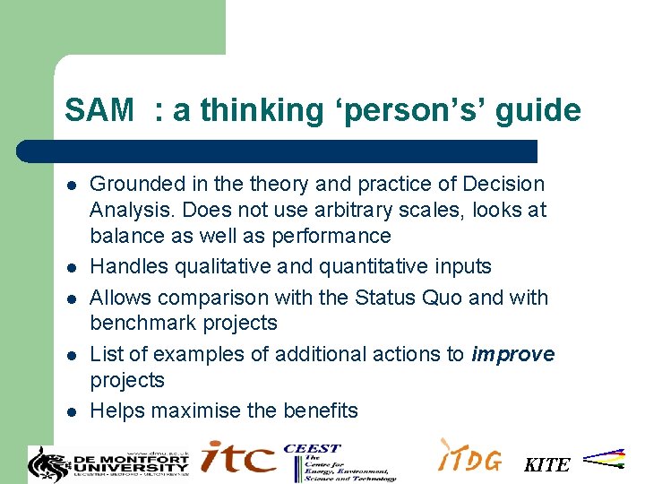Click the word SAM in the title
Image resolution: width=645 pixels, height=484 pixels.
click(x=99, y=111)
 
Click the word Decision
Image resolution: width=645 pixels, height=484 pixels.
click(x=503, y=185)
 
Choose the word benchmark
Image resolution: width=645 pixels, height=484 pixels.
click(x=140, y=323)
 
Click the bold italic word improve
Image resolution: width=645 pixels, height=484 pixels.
click(x=512, y=354)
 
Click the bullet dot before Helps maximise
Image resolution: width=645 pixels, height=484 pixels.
click(x=71, y=412)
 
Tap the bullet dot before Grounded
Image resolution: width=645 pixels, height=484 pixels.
click(x=71, y=186)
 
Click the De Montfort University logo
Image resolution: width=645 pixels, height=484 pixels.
click(x=109, y=462)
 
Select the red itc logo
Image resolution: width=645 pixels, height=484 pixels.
click(x=238, y=457)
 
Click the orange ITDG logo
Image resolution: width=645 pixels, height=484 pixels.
click(x=469, y=457)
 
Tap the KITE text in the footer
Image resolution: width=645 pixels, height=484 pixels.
click(x=546, y=464)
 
